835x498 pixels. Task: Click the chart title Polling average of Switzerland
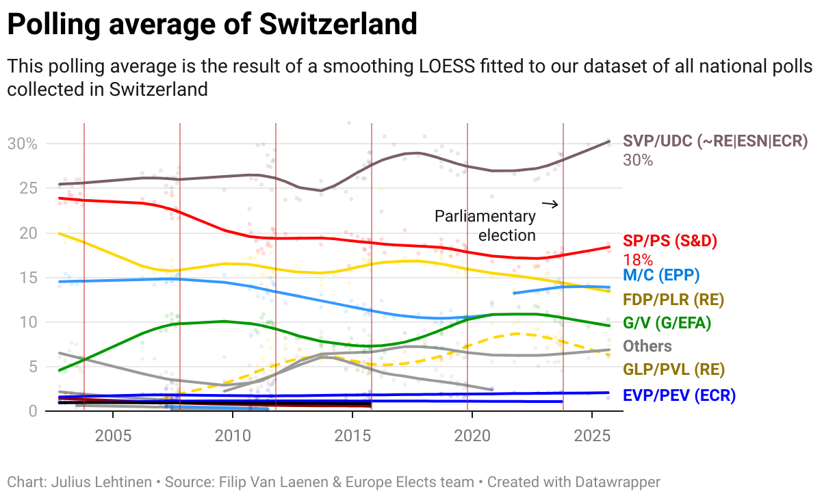(212, 25)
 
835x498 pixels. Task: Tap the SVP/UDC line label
(715, 142)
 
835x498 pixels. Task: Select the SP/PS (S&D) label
(670, 241)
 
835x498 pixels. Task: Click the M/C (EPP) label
(661, 275)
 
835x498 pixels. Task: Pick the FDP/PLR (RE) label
(673, 299)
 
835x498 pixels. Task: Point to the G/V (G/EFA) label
(667, 322)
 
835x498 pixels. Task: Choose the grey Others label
(647, 345)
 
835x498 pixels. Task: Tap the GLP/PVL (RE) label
(673, 369)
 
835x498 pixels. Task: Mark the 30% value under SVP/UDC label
(638, 161)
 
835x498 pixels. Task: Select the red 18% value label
(638, 260)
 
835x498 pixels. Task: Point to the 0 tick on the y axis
(31, 410)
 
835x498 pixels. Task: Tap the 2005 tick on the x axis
(112, 436)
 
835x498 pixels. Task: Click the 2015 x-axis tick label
(352, 436)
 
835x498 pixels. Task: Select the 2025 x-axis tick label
(591, 436)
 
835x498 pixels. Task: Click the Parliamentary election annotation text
(485, 226)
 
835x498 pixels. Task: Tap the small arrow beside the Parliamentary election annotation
(550, 204)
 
